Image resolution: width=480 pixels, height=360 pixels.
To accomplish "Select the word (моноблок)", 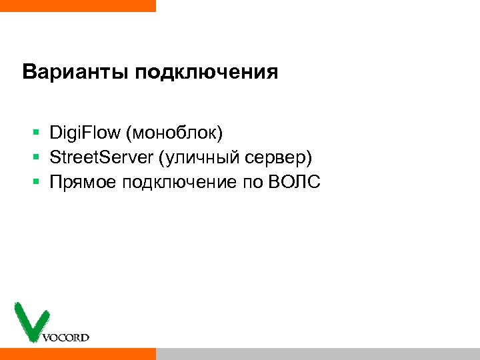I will [x=173, y=133].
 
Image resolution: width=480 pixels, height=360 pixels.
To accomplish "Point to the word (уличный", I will [x=194, y=157].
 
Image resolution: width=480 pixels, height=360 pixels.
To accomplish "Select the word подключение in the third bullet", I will [x=177, y=181].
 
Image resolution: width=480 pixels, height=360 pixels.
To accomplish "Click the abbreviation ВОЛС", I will [x=294, y=181].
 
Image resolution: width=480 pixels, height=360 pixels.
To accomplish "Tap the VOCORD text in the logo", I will [x=65, y=337].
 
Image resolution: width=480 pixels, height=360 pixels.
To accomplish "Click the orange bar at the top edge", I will [x=77, y=5].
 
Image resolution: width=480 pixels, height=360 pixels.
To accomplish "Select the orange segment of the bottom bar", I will [x=77, y=353].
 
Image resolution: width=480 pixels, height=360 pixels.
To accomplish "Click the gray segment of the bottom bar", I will [x=317, y=353].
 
